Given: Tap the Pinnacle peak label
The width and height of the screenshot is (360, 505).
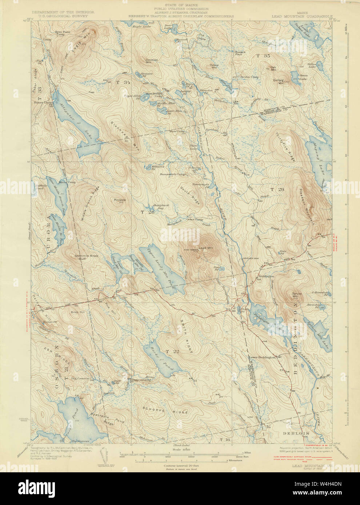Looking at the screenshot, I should coord(120,200).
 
